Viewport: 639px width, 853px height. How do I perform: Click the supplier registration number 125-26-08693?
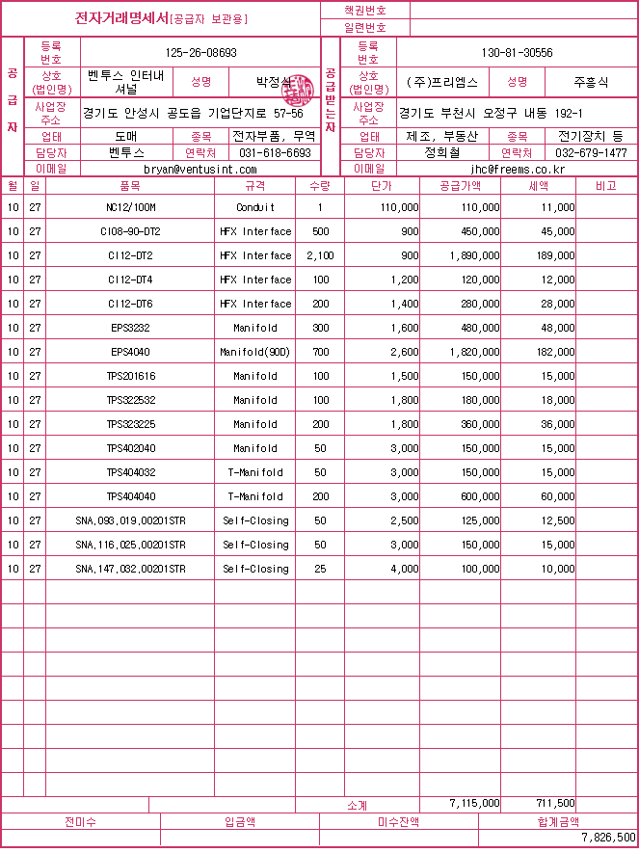[201, 53]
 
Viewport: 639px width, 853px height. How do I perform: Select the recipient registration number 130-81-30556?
[517, 53]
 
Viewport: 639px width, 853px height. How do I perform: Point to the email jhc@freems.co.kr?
[517, 169]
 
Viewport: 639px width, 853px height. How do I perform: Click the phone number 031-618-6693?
[275, 152]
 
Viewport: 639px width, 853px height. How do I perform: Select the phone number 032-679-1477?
[591, 152]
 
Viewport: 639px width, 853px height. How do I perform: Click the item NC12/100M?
[130, 207]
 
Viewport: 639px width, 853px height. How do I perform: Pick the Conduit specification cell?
[255, 207]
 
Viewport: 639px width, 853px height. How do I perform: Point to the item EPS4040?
[130, 352]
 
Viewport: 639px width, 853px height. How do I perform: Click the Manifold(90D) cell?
[255, 352]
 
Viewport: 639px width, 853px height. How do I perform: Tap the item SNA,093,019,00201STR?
[130, 520]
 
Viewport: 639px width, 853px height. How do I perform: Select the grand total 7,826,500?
[608, 838]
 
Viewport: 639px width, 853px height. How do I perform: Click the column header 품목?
[130, 185]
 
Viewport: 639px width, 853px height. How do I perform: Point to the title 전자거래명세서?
[121, 18]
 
